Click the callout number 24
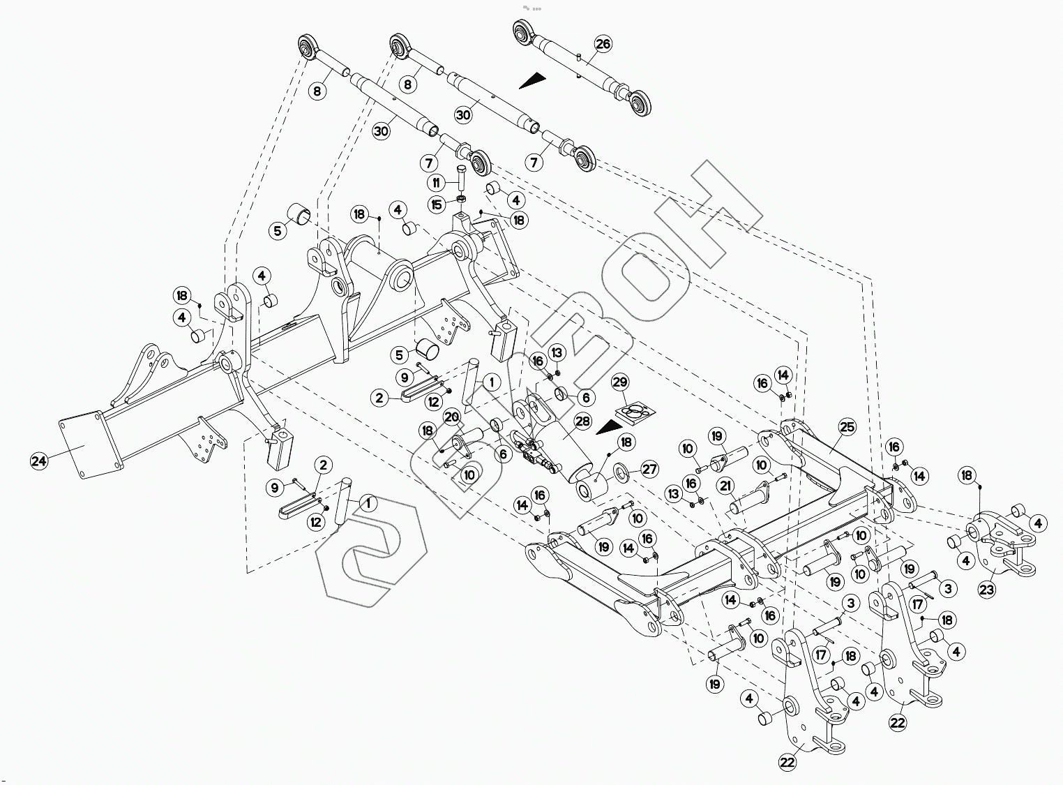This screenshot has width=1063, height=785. (39, 460)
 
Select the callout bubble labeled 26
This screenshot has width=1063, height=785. (603, 44)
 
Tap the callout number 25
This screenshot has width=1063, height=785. (847, 426)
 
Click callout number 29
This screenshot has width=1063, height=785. (620, 382)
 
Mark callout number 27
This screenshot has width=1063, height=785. (649, 470)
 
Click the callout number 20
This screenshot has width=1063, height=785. (451, 418)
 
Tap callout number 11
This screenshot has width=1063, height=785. (437, 183)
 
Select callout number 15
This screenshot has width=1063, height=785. (437, 204)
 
